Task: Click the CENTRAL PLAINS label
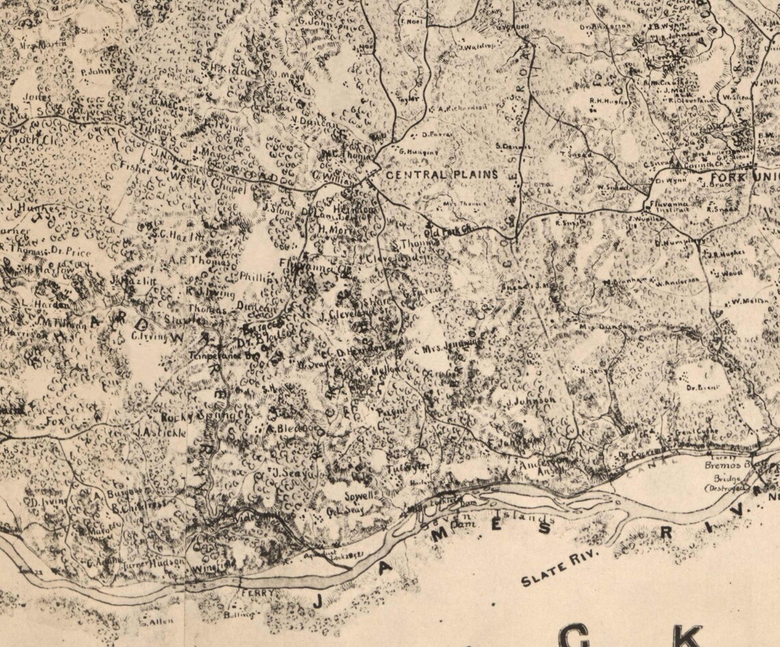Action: [442, 175]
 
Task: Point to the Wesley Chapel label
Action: [202, 183]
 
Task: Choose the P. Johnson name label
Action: [103, 71]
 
